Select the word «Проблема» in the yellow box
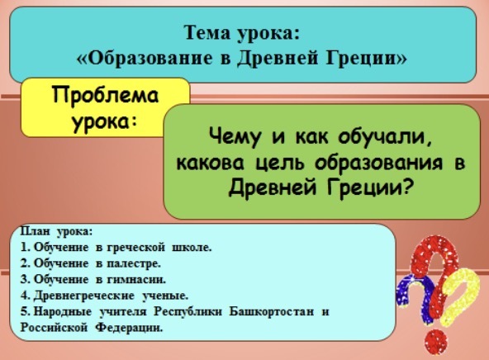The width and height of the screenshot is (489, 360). click(x=106, y=95)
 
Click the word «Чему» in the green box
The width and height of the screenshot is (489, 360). click(x=235, y=137)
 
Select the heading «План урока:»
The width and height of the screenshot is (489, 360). click(x=57, y=231)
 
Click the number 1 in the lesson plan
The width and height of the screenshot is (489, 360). click(x=24, y=247)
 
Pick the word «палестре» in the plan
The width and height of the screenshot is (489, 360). click(x=134, y=263)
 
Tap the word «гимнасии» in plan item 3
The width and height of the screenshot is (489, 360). click(x=136, y=280)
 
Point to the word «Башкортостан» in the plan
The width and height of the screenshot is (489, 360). click(x=272, y=311)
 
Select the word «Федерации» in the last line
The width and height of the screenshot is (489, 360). click(x=129, y=328)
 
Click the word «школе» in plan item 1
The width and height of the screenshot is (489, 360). click(x=192, y=248)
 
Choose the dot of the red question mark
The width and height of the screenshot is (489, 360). click(x=437, y=342)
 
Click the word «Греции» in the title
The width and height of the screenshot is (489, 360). click(x=367, y=59)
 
